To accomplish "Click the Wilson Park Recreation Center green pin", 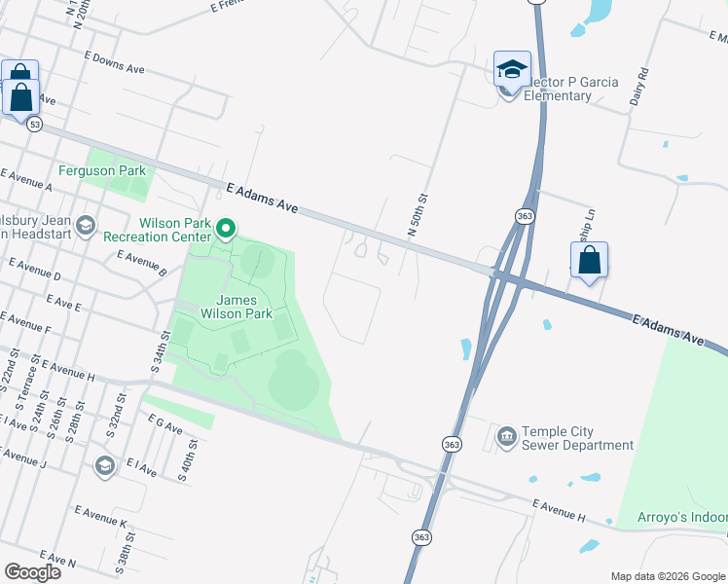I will (x=226, y=230).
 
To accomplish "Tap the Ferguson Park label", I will (x=116, y=170).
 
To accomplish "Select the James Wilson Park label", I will (x=237, y=307).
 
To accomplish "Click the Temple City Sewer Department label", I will (x=577, y=439).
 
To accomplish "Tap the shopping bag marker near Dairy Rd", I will (x=589, y=261).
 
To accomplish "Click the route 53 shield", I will (x=35, y=125).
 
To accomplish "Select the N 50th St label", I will (x=418, y=215).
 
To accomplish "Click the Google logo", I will (x=32, y=572).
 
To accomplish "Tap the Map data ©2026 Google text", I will (x=668, y=576).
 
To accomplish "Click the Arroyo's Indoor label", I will (x=681, y=517).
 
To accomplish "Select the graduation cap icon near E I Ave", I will (x=104, y=466).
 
